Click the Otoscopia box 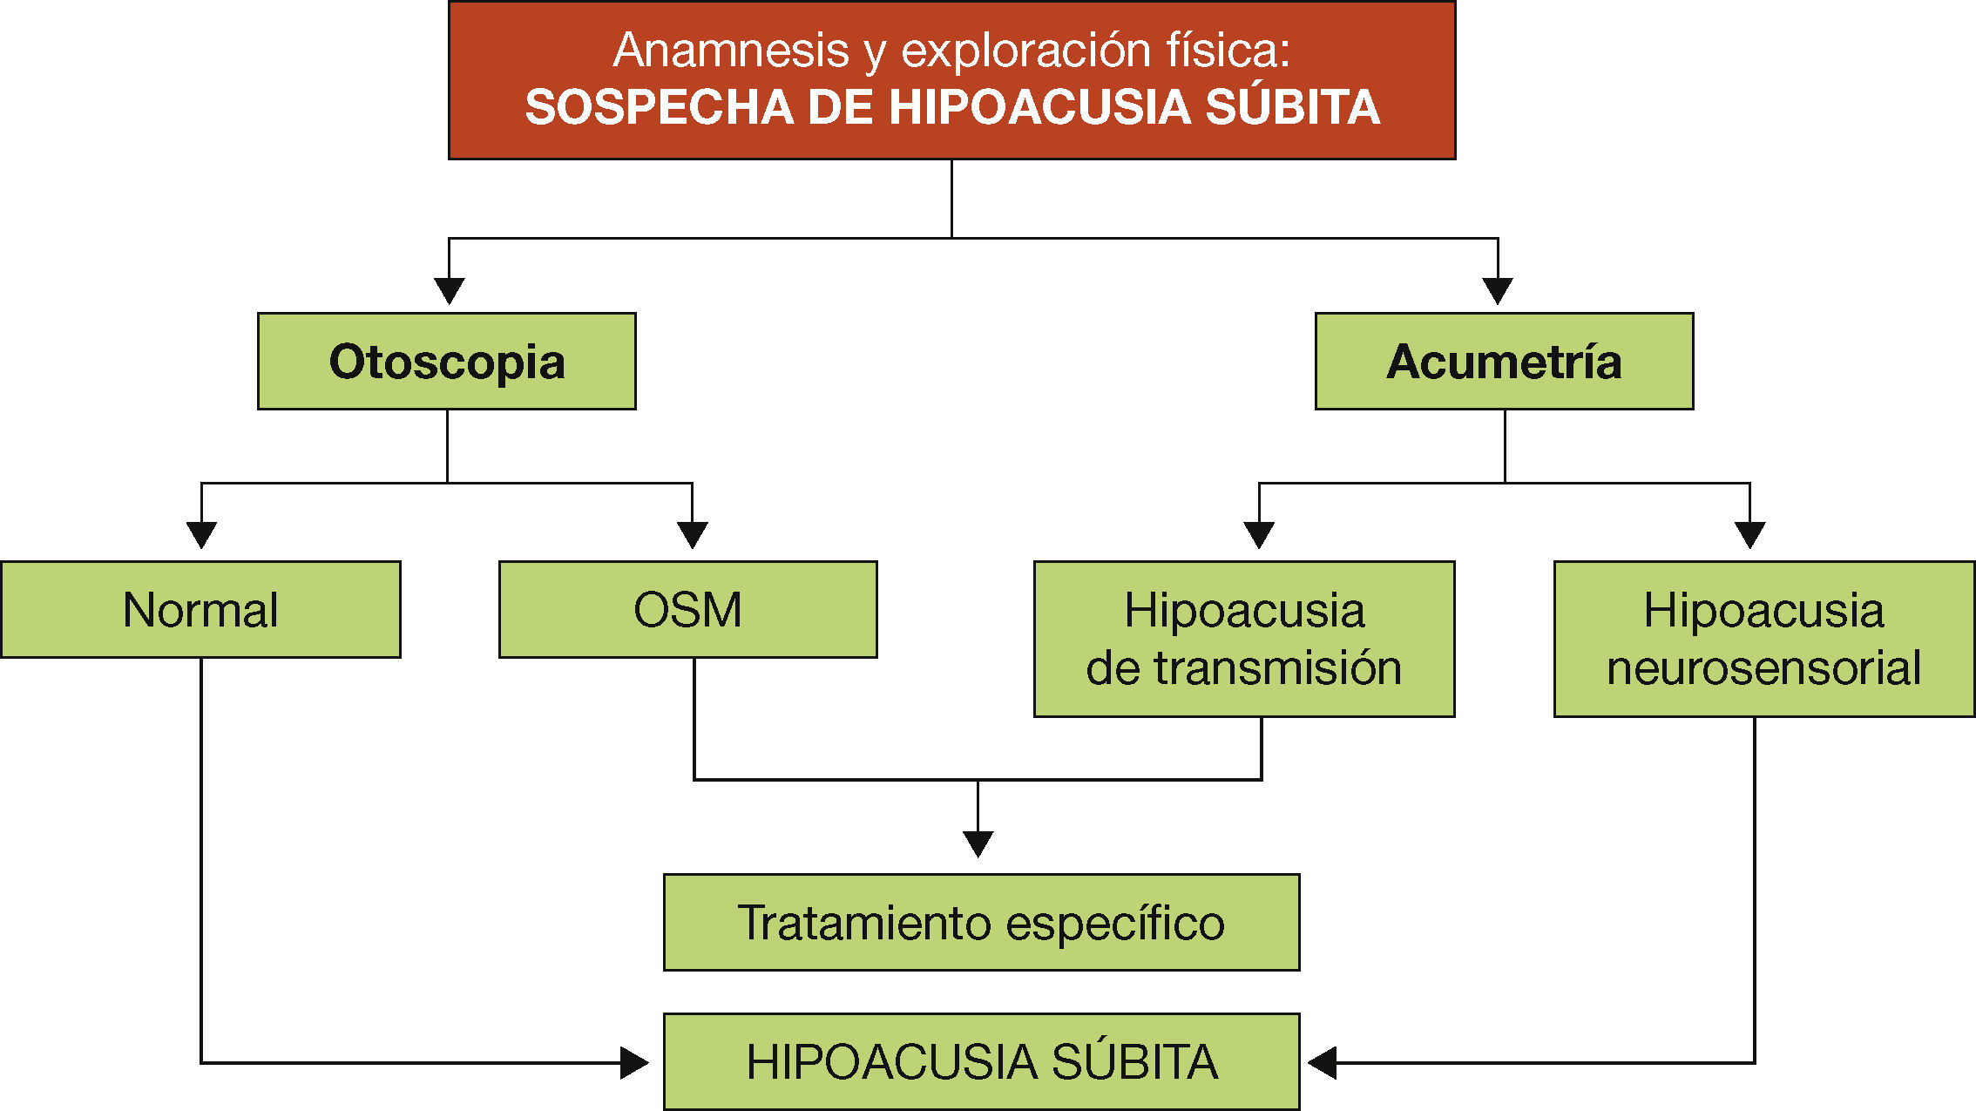coord(447,362)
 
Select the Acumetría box coord(1504,362)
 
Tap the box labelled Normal coord(200,610)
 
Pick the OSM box coord(687,610)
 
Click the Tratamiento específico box coord(981,923)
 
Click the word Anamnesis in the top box coord(731,50)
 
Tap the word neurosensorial coord(1763,668)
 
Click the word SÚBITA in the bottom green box coord(1134,1062)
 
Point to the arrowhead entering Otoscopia coord(449,291)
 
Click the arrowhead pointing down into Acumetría coord(1498,291)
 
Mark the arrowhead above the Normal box coord(201,535)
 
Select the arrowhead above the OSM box coord(693,535)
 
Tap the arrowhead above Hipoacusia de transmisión coord(1259,535)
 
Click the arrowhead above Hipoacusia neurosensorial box coord(1750,535)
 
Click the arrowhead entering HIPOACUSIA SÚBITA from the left coord(634,1063)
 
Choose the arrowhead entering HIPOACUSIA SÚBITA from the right coord(1323,1063)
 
